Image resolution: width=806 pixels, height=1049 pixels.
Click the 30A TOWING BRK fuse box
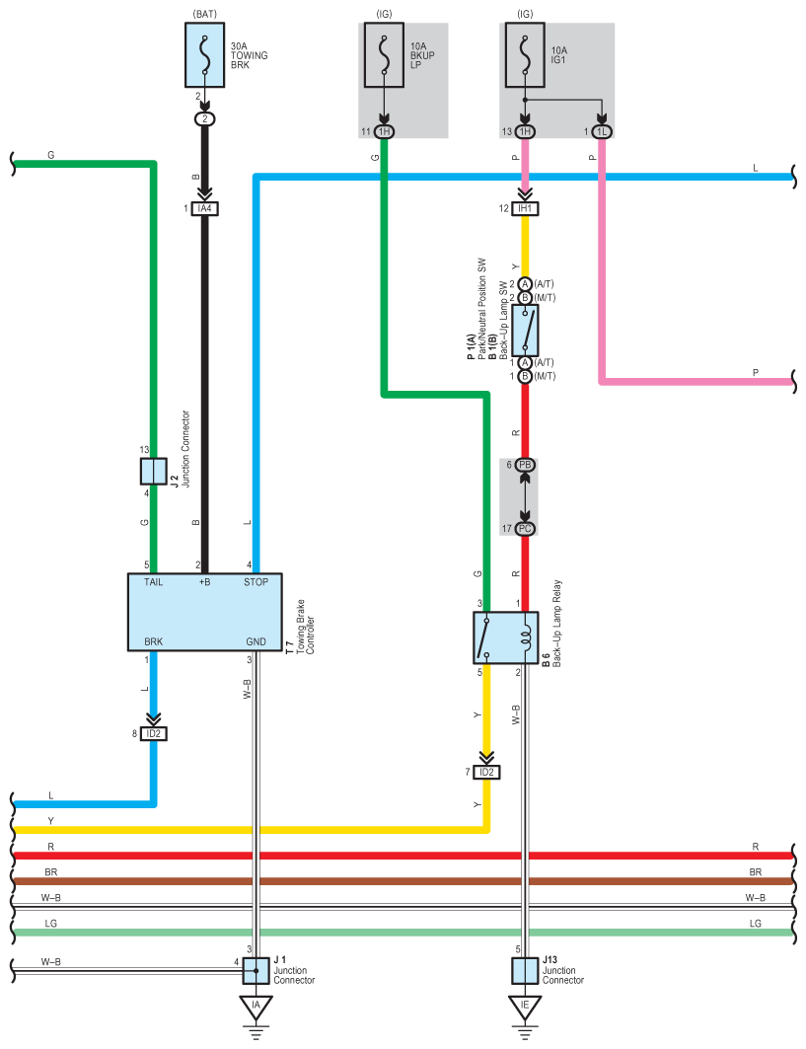coord(204,55)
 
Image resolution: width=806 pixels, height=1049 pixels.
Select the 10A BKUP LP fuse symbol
coord(384,55)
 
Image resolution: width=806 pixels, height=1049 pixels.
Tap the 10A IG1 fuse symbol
coord(525,55)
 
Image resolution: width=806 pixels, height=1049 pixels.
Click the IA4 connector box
coord(204,209)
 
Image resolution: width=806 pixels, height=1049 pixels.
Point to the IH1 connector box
coord(525,209)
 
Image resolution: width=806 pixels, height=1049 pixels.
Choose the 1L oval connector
coord(602,132)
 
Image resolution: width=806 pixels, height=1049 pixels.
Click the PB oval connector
coord(525,464)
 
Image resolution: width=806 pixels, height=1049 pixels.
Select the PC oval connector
coord(525,529)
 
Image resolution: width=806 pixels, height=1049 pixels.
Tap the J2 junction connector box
coord(153,472)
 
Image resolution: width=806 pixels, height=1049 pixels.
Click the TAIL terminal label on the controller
coord(153,582)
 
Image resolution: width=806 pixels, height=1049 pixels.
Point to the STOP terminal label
coord(256,582)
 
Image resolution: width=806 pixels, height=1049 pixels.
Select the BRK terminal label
coord(153,641)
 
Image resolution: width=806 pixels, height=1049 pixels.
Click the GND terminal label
coord(256,641)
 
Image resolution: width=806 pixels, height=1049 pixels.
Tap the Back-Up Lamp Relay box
coord(506,637)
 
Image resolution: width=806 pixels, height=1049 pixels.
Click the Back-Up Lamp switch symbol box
coord(525,331)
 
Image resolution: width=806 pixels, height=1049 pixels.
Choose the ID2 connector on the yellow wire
coord(486,772)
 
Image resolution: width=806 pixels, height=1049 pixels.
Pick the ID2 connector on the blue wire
coord(153,734)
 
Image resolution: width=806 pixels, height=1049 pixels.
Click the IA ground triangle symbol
coord(256,1008)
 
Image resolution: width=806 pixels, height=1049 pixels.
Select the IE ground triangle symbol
coord(525,1008)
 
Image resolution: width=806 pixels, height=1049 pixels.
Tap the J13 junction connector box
coord(525,971)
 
